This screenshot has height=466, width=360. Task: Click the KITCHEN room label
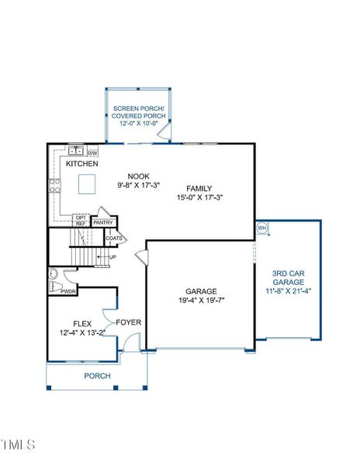[x=81, y=165]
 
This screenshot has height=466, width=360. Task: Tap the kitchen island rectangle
[x=88, y=183]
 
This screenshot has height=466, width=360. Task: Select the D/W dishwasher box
[x=92, y=153]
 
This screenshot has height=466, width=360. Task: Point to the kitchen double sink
[x=75, y=151]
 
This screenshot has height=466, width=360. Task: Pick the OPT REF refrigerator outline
[x=81, y=221]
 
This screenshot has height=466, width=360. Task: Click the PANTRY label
[x=103, y=222]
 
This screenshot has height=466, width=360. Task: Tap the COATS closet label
[x=115, y=238]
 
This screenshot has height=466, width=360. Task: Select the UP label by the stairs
[x=112, y=257]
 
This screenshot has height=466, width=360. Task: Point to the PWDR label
[x=68, y=292]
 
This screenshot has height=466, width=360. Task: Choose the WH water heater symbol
[x=261, y=228]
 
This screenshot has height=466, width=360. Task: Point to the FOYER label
[x=128, y=322]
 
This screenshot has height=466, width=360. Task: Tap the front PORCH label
[x=97, y=376]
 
